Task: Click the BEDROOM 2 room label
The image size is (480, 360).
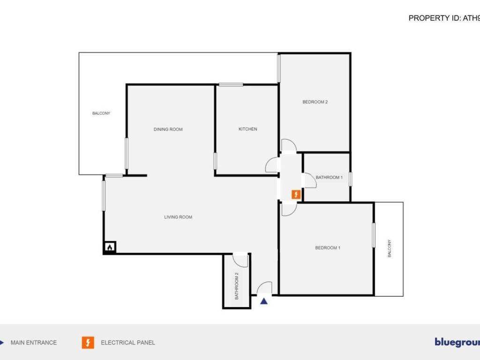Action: (315, 102)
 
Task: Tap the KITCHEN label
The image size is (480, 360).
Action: (248, 129)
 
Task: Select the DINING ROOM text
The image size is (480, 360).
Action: (168, 129)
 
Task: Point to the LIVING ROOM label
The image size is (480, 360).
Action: (178, 217)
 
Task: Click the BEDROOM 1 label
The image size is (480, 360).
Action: (328, 247)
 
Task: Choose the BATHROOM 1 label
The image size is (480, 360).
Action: (329, 177)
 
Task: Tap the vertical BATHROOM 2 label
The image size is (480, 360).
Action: (237, 286)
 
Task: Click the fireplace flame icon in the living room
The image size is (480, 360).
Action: (110, 247)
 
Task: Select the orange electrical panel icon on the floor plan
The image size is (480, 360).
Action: (296, 194)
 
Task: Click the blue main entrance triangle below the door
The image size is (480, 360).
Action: (264, 301)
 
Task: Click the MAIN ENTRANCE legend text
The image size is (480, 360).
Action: (34, 343)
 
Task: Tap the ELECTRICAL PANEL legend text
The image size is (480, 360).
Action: (128, 343)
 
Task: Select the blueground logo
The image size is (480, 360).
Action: (457, 342)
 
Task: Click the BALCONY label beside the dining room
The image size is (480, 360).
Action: (101, 113)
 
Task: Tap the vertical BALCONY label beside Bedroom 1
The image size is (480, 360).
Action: (389, 248)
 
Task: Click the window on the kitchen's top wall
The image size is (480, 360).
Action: (231, 84)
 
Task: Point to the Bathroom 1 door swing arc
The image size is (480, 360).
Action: (310, 181)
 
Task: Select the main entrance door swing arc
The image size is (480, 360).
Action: (266, 288)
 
